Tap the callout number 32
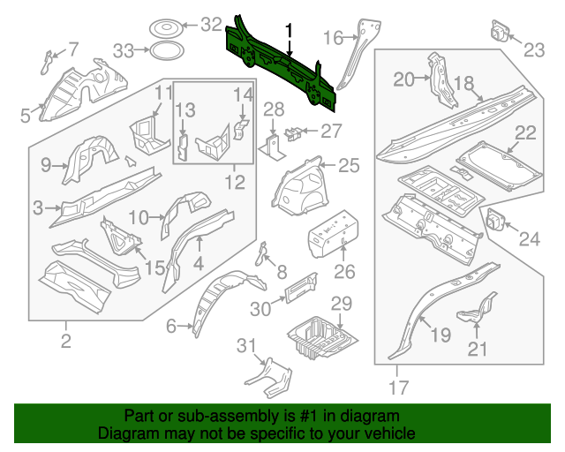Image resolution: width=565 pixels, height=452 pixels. [x=212, y=25]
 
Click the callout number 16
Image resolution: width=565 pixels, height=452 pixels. [x=333, y=37]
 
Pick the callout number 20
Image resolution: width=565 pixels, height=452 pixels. [x=403, y=80]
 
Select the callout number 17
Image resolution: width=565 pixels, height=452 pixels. [x=398, y=386]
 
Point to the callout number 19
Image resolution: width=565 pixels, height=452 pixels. [x=440, y=333]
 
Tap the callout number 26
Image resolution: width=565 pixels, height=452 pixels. [x=344, y=271]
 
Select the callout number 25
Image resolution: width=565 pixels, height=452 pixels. [x=350, y=165]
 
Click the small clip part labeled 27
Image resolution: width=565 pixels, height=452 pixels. [x=294, y=133]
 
